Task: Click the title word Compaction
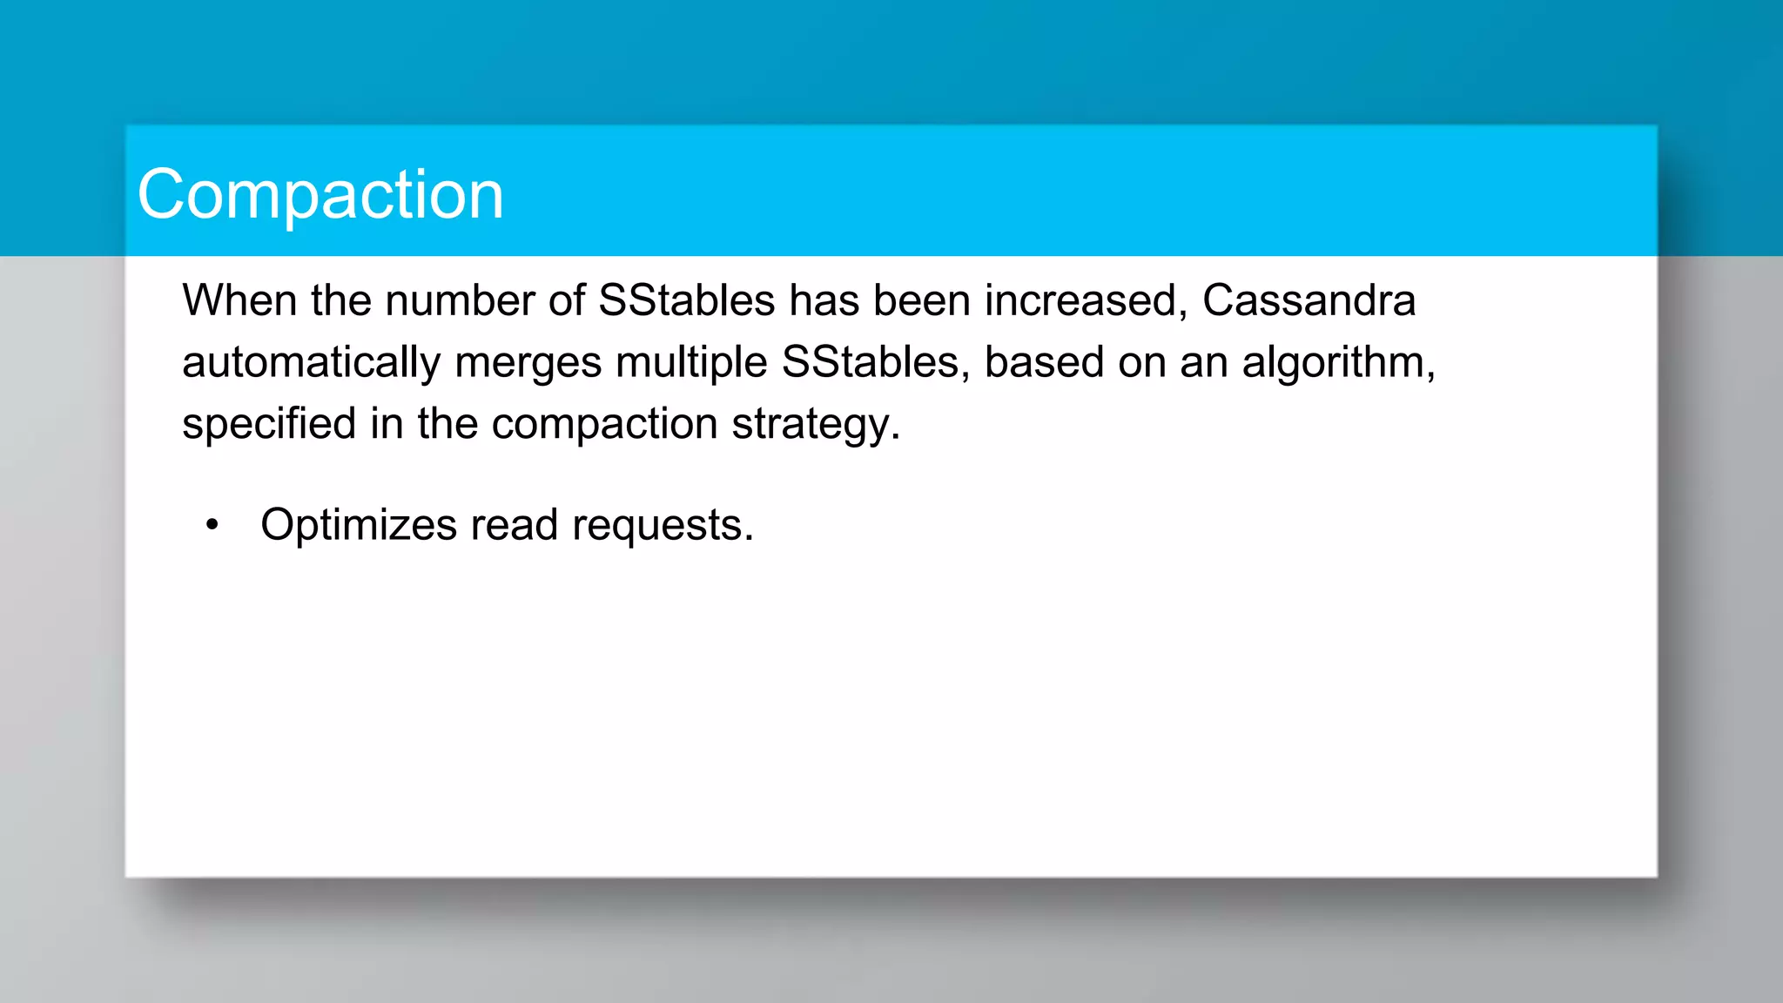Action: click(320, 194)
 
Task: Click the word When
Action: click(239, 300)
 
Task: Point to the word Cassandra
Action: click(1309, 300)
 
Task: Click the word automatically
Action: click(311, 362)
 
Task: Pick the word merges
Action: click(528, 364)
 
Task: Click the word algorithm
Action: click(1336, 362)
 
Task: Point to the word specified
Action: click(269, 424)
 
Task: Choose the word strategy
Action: click(814, 426)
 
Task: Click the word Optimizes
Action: click(359, 525)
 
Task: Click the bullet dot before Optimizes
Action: click(212, 525)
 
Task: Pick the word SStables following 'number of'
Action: click(687, 300)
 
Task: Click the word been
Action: click(922, 300)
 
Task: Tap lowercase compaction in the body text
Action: click(604, 426)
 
